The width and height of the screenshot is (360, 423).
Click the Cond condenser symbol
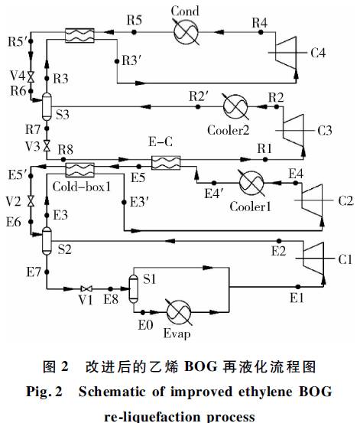186,32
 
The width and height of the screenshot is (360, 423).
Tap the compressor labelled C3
294,131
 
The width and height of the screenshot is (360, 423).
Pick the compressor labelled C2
313,200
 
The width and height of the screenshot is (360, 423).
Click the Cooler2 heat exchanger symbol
235,106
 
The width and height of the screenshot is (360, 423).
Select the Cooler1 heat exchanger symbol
251,183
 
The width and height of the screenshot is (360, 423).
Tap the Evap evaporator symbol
179,312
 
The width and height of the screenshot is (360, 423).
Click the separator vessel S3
47,106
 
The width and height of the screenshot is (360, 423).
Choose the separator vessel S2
47,241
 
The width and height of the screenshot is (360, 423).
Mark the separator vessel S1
134,289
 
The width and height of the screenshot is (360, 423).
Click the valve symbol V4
31,77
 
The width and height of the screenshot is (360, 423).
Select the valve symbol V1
86,288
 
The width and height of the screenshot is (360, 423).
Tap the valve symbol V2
31,201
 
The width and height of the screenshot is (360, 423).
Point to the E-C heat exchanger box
166,163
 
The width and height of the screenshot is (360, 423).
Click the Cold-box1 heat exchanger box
80,170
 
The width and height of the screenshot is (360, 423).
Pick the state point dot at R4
261,32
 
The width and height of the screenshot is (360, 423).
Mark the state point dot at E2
280,241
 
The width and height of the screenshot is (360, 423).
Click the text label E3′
140,202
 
